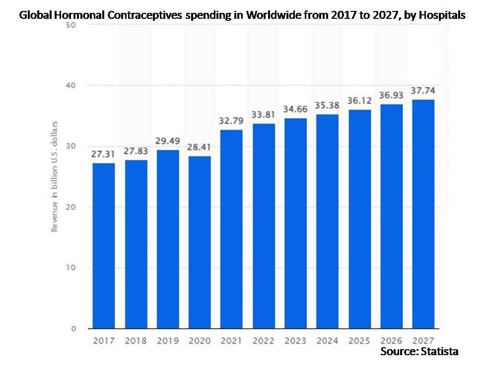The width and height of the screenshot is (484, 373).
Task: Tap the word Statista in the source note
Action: point(437,352)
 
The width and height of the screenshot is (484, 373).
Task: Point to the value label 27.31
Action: point(103,154)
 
